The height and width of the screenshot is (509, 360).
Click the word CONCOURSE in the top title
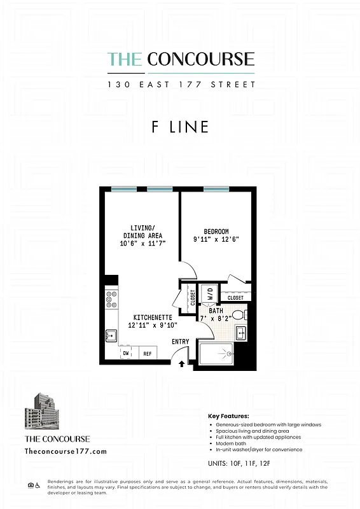pos(201,60)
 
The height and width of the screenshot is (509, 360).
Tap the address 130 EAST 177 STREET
pos(181,83)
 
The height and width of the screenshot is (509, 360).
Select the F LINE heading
pos(180,127)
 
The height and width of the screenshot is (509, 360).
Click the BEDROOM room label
pos(216,232)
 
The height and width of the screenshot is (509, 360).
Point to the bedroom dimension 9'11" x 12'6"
pos(216,240)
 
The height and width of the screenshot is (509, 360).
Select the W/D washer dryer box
pos(209,295)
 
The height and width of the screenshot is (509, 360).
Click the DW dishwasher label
pos(127,354)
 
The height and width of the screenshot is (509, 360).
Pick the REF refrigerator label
pos(147,354)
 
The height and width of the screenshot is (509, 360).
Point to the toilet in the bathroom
pos(239,315)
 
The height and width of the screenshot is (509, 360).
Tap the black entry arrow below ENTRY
pos(181,365)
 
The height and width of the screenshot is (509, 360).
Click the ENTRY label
pos(181,342)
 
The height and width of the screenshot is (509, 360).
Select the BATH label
pos(216,311)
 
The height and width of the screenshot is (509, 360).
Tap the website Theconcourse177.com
pos(65,451)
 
